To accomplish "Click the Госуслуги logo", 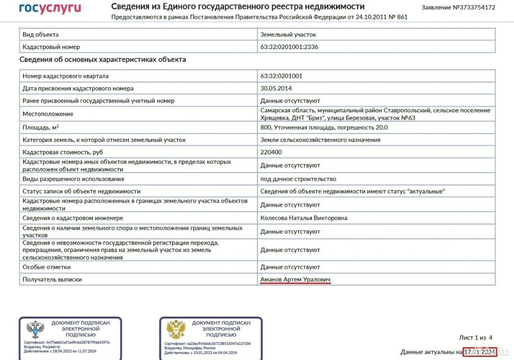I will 50,8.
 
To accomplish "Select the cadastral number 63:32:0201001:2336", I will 289,47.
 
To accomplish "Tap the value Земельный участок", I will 288,35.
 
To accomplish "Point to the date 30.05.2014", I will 276,88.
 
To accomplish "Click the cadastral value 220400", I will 271,153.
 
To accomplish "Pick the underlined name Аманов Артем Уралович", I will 295,279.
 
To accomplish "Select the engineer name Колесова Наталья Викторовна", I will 304,218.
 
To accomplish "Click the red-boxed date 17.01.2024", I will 480,352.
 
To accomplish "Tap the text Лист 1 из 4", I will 476,338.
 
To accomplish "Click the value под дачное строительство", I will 298,179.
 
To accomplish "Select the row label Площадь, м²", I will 43,127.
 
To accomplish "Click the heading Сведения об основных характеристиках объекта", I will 102,60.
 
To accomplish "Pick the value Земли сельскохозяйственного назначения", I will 320,140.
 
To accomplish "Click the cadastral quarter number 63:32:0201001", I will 281,76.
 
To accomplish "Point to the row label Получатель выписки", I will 52,279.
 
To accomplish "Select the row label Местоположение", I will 48,114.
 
